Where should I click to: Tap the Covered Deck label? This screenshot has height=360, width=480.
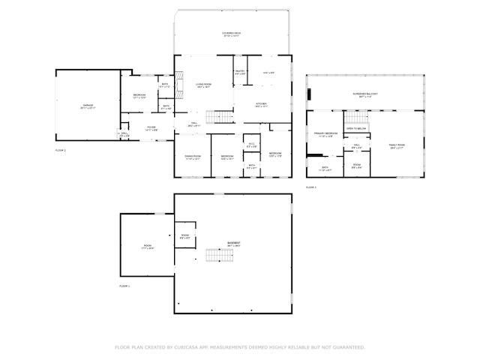pyautogui.click(x=231, y=34)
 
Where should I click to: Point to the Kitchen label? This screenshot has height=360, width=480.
pyautogui.click(x=261, y=104)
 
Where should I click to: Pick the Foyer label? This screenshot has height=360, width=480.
pyautogui.click(x=151, y=128)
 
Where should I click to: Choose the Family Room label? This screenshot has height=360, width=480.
pyautogui.click(x=396, y=145)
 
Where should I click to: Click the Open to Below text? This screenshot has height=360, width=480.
pyautogui.click(x=356, y=128)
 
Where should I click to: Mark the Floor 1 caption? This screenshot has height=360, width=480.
pyautogui.click(x=124, y=286)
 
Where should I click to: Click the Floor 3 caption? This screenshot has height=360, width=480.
pyautogui.click(x=310, y=186)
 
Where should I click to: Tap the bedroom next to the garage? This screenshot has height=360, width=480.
pyautogui.click(x=139, y=95)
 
